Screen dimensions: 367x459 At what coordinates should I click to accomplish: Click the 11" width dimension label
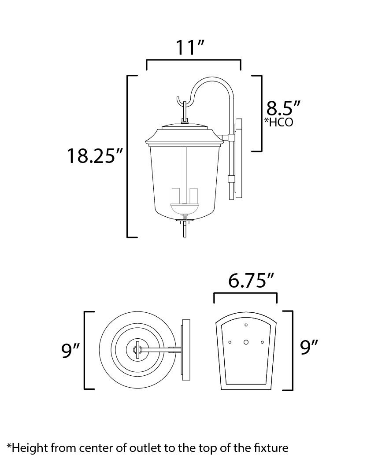[189, 47]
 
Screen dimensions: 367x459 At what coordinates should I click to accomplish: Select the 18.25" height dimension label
[95, 155]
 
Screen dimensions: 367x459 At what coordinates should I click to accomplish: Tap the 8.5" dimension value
[283, 108]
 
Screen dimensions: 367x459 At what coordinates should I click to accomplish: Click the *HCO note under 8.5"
[278, 122]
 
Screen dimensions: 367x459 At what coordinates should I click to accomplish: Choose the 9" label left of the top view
[70, 350]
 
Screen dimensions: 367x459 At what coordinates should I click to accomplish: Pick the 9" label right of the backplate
[309, 347]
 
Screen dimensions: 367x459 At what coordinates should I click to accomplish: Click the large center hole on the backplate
[246, 342]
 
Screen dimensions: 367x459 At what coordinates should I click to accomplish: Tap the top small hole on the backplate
[246, 325]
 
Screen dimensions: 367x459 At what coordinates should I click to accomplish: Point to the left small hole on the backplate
[230, 342]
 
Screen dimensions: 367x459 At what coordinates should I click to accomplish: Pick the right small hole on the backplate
[262, 342]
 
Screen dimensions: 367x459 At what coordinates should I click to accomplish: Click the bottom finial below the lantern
[185, 228]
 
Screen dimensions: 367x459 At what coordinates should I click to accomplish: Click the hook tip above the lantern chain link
[178, 98]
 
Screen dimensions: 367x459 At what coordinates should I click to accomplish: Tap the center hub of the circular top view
[137, 349]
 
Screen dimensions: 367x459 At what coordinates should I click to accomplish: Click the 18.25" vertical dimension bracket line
[128, 156]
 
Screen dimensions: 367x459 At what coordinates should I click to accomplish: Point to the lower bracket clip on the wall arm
[231, 179]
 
